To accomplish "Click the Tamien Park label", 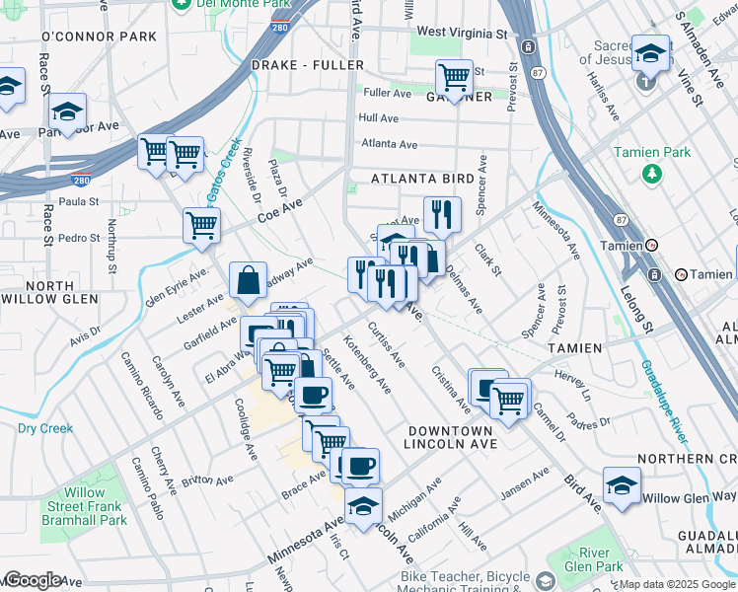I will (651, 153).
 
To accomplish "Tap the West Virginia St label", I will (462, 33).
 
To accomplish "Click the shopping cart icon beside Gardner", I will (454, 77).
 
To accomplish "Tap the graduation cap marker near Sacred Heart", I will (650, 52).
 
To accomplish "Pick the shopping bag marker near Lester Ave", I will (248, 281).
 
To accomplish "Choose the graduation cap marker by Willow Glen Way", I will (622, 485).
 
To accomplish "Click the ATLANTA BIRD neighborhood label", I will (423, 179).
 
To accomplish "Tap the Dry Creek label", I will (45, 428).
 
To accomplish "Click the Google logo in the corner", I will (32, 580).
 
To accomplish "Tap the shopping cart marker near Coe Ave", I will (201, 225).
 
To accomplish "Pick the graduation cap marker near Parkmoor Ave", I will (67, 111).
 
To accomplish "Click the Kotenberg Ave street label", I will (367, 364).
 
